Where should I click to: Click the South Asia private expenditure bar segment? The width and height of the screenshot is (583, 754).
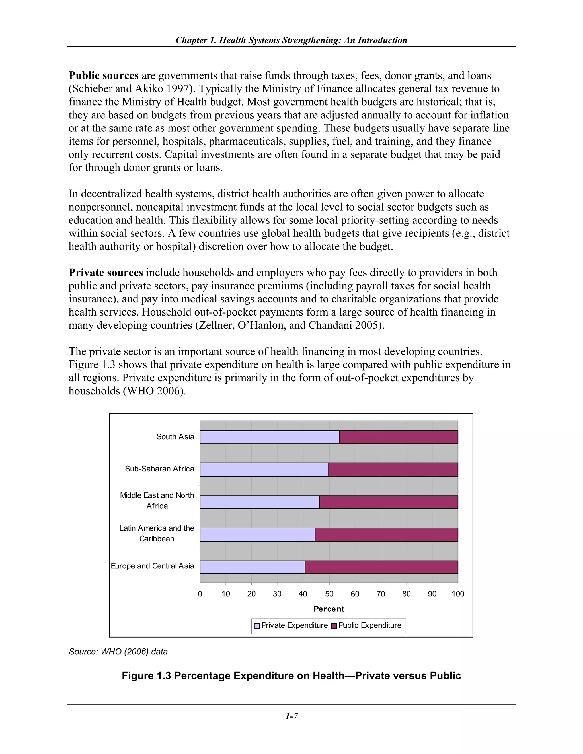point(269,437)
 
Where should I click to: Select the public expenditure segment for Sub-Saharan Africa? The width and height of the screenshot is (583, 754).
point(393,469)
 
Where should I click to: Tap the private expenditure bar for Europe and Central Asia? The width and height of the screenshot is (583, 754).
point(252,567)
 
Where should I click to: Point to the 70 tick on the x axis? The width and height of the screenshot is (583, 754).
point(381,594)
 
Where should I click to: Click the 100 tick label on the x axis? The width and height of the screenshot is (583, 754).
point(458,594)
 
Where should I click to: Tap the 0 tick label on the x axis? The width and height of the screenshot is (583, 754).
point(200,594)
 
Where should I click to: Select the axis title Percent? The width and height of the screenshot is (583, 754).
point(329,609)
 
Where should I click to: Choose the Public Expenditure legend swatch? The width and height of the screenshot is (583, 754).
point(334,626)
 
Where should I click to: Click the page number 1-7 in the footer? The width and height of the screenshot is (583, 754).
point(291,716)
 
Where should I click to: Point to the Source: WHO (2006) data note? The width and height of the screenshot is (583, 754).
point(118,652)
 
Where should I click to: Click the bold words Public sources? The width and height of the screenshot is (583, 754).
point(104,76)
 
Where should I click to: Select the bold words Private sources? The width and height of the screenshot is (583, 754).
point(106,273)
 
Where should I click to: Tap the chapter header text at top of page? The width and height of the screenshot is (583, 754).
point(291,40)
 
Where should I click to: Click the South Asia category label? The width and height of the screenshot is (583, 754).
point(175,437)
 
